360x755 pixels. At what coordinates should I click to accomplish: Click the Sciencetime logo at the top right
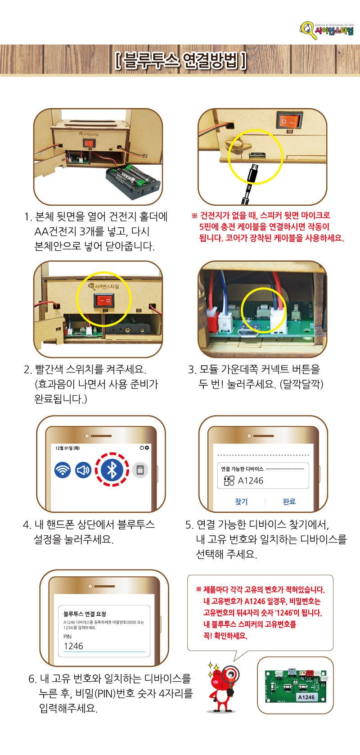[327, 30]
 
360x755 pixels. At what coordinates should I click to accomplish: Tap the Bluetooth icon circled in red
[112, 470]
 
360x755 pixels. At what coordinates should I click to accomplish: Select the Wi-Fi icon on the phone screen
[63, 470]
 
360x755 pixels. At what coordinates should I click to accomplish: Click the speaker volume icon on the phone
[83, 470]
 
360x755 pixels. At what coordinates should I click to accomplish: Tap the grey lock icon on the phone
[140, 470]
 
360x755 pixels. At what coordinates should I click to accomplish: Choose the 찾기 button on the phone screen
[242, 502]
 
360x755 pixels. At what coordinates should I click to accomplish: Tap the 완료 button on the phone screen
[289, 502]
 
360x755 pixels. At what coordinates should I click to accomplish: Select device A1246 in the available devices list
[244, 481]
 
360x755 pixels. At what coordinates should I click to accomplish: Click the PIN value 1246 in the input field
[73, 646]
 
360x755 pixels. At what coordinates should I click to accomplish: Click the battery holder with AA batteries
[133, 181]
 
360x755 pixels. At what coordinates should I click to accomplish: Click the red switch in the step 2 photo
[104, 300]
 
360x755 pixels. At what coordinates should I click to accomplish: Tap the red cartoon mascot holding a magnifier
[222, 687]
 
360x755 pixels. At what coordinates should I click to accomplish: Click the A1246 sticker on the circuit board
[306, 696]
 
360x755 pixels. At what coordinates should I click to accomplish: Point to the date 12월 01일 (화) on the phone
[67, 448]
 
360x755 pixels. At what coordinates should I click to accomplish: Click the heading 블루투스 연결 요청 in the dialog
[85, 614]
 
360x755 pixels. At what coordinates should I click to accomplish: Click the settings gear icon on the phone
[147, 448]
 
